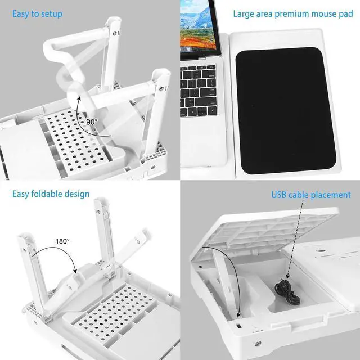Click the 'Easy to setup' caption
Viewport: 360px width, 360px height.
coord(37,13)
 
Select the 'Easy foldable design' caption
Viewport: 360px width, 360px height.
coord(51,194)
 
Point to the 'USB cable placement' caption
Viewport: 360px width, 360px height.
coord(311,195)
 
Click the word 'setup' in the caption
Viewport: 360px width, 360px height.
coord(51,13)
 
